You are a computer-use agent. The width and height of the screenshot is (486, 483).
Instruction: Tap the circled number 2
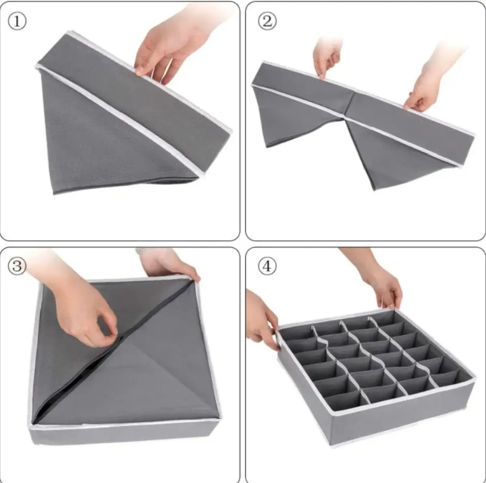267,21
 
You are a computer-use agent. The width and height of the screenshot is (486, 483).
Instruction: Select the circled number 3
17,266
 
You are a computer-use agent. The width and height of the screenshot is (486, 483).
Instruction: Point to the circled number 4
267,266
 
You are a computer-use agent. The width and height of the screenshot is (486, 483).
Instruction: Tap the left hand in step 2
326,56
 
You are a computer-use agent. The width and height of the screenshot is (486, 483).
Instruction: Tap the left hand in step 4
261,322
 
